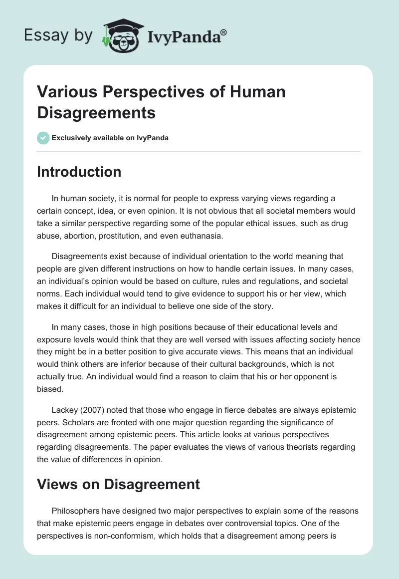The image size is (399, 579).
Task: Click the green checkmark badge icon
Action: click(x=43, y=138)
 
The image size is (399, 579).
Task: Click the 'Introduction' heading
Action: click(x=79, y=172)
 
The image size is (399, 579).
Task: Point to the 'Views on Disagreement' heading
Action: click(x=119, y=484)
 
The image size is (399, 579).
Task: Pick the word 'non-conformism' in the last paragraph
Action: click(x=124, y=536)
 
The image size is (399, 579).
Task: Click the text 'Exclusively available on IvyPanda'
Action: click(x=110, y=138)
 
